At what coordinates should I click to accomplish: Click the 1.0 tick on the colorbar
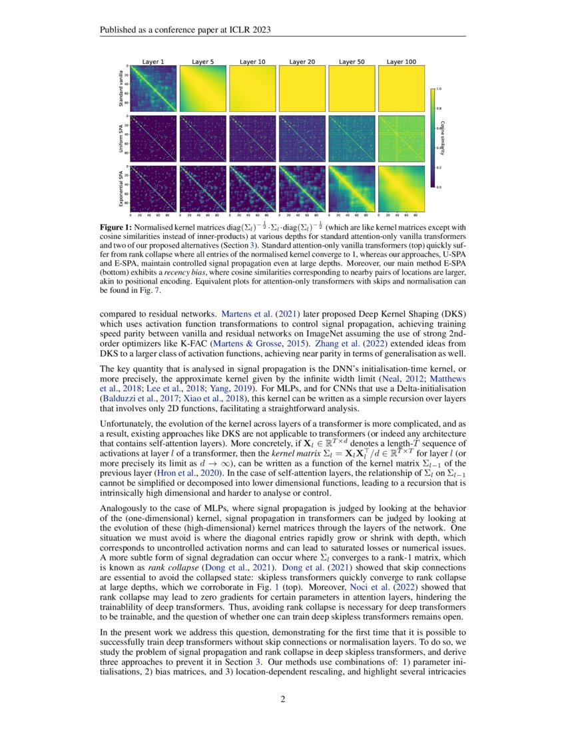click(x=439, y=88)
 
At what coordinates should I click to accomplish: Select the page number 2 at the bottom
click(x=282, y=698)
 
